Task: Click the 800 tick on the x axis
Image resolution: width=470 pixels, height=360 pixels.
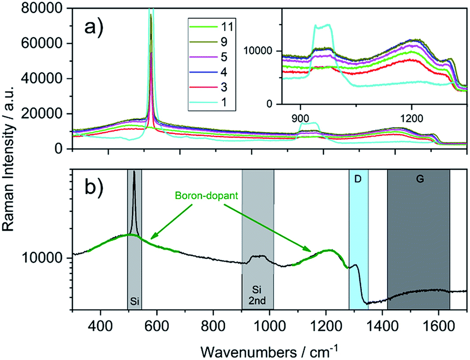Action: [x=213, y=322]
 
